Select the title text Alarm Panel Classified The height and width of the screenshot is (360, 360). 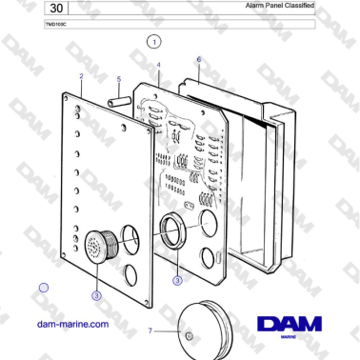[280, 6]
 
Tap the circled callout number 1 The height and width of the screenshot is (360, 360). [155, 42]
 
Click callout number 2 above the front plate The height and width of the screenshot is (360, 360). [81, 76]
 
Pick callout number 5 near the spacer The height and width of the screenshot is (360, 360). [118, 80]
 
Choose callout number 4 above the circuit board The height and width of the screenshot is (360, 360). [158, 65]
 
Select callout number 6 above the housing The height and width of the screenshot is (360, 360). [198, 59]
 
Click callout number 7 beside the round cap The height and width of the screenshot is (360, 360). [150, 330]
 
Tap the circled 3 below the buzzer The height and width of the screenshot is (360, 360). [96, 296]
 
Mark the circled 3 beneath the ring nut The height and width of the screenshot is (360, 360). [177, 280]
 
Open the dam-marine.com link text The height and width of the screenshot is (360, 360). [71, 324]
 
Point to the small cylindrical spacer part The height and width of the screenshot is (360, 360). [118, 97]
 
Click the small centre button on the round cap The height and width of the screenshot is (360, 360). [188, 336]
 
